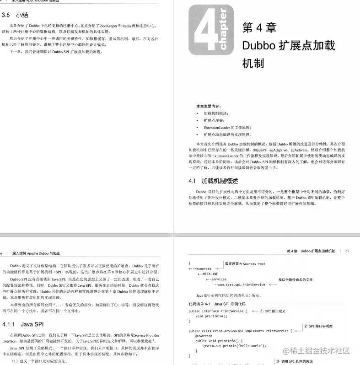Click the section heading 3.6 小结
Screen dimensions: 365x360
[15, 15]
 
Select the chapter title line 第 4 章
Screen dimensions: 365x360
[259, 28]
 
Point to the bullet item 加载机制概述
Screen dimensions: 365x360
[215, 113]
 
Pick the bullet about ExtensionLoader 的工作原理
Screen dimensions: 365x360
[227, 127]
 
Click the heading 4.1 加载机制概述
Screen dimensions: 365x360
[213, 181]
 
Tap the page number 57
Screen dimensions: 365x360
[348, 251]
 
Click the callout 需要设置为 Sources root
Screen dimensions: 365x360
[245, 264]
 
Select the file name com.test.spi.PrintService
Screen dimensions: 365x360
[240, 284]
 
